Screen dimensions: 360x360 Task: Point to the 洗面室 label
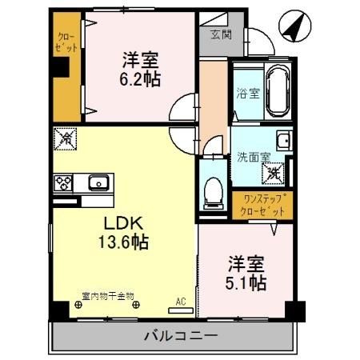pyautogui.click(x=250, y=158)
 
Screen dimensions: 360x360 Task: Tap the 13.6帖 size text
pyautogui.click(x=124, y=241)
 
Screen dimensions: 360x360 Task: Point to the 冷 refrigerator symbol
pyautogui.click(x=65, y=139)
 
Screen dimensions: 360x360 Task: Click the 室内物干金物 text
pyautogui.click(x=108, y=295)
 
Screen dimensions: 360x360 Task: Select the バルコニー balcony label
pyautogui.click(x=179, y=335)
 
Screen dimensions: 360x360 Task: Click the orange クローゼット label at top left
pyautogui.click(x=67, y=42)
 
